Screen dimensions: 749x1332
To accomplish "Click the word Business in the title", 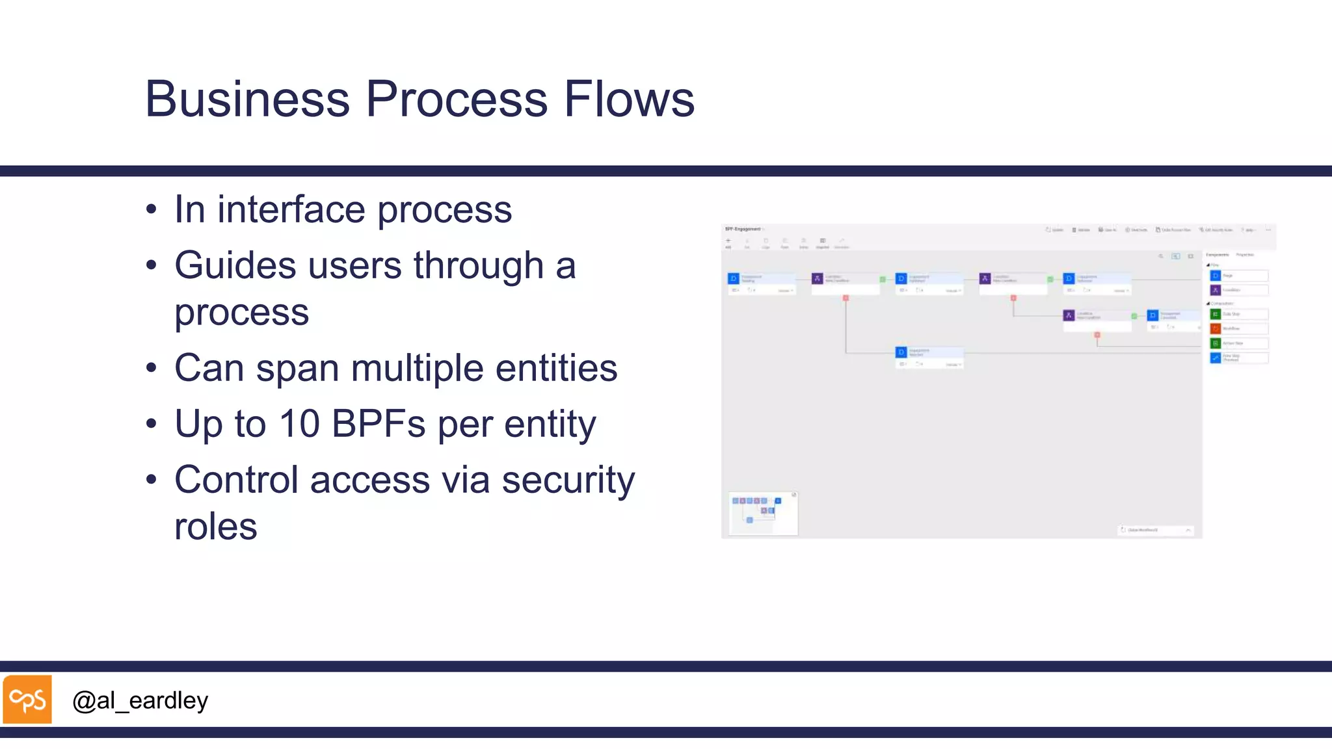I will click(248, 99).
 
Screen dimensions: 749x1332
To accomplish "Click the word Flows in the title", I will click(629, 99).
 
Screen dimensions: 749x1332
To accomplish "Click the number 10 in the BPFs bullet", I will click(299, 424).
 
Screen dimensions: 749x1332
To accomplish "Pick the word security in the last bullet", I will click(568, 480).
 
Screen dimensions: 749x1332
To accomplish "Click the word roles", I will click(215, 527).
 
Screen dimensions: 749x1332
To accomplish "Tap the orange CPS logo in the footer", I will click(27, 700).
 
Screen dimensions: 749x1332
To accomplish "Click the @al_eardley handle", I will click(140, 701).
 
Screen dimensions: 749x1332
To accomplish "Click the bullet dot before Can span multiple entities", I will click(152, 369).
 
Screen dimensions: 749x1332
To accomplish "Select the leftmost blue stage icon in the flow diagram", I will click(733, 278).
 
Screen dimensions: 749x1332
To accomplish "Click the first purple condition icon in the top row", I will click(818, 278).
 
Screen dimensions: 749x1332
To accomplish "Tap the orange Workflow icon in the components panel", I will click(1215, 328).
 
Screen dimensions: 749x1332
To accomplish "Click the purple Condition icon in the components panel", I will click(1215, 290).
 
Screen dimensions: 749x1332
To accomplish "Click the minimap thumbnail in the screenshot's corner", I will click(763, 514).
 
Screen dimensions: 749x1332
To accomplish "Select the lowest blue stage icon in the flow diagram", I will click(901, 352).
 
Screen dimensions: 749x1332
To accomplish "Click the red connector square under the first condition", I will click(846, 298).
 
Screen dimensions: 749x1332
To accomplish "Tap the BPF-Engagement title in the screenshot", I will click(743, 229).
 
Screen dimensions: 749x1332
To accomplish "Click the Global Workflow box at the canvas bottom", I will click(1154, 530).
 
